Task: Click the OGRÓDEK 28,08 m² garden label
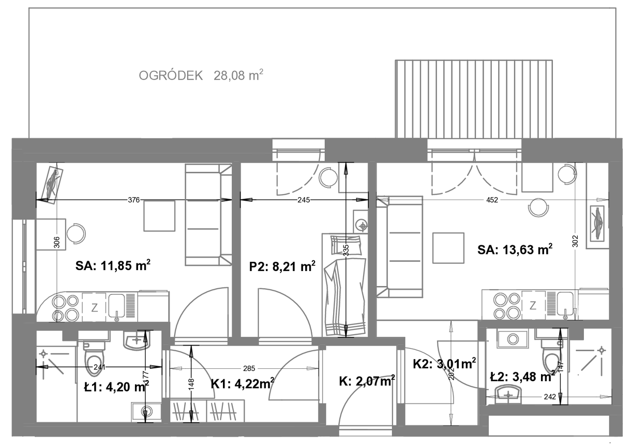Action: click(x=201, y=75)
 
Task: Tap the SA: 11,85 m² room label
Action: click(x=113, y=265)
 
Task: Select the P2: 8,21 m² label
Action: click(x=282, y=266)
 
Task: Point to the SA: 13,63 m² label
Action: click(x=515, y=249)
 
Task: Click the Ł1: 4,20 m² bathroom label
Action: click(x=116, y=386)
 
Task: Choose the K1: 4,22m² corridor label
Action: click(x=243, y=383)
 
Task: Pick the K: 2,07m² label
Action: click(x=367, y=381)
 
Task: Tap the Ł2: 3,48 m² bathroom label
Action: click(x=522, y=377)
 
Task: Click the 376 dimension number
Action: click(x=134, y=200)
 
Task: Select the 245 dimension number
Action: click(x=304, y=200)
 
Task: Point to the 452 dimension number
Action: click(x=492, y=200)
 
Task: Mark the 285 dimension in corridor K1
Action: click(x=249, y=368)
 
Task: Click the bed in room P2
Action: click(x=345, y=285)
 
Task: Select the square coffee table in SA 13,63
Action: click(x=448, y=248)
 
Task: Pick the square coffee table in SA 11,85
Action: click(x=159, y=216)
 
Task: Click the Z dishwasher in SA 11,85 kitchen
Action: click(x=94, y=308)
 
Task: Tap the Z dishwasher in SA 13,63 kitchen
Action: click(x=533, y=305)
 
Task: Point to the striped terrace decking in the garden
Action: click(x=474, y=99)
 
